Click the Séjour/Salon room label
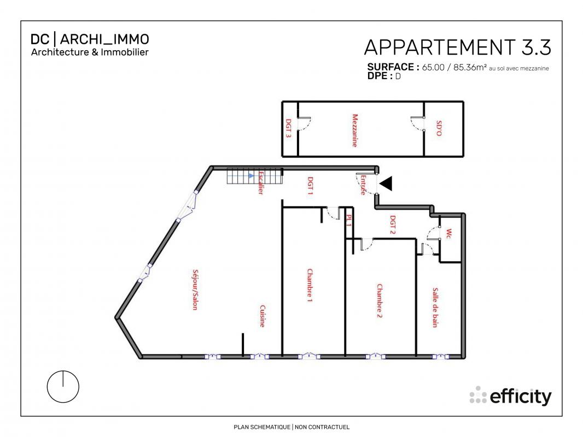[195, 290]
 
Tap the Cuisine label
[262, 316]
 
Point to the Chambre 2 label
[379, 301]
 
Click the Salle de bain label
[435, 308]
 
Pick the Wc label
[449, 234]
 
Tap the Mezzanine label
[355, 131]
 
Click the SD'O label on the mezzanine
[439, 128]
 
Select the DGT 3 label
[288, 128]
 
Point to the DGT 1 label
[310, 186]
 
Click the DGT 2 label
[393, 225]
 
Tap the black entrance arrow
[386, 184]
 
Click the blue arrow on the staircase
[252, 175]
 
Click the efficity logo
[510, 396]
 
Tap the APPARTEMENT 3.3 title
[457, 48]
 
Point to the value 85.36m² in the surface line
[470, 67]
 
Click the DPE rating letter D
[398, 76]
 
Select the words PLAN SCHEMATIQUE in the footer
[262, 427]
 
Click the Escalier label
[261, 182]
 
